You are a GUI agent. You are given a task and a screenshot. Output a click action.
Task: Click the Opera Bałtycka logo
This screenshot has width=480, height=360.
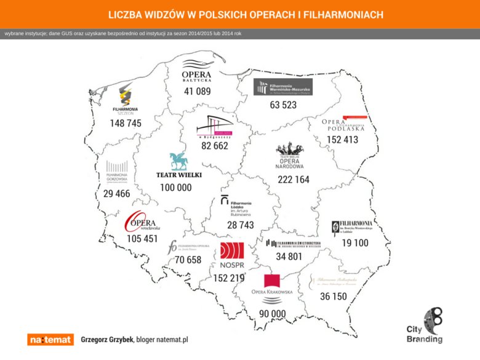point(197,71)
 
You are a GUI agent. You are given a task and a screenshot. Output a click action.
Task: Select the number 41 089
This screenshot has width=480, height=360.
point(197,91)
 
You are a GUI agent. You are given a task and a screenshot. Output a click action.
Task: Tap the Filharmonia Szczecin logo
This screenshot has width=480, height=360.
point(126,98)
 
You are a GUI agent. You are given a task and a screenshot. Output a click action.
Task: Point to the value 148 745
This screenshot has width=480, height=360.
point(126,123)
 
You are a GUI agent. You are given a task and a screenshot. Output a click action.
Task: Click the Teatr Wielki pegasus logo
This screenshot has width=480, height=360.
point(179,161)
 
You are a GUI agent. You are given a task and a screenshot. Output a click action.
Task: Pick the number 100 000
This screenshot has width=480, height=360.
point(176,188)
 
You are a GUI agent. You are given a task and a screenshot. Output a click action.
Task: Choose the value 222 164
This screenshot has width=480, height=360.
point(294,180)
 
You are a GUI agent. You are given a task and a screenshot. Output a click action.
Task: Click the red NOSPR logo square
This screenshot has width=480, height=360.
point(232,250)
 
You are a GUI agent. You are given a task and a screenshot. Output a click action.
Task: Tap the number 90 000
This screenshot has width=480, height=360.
point(272,313)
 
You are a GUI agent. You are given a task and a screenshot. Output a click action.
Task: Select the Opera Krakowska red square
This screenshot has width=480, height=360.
point(272,281)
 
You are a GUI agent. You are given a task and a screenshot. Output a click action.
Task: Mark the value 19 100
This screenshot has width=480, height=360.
point(355,243)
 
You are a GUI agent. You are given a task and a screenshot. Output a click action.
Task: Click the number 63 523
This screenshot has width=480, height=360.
point(283,105)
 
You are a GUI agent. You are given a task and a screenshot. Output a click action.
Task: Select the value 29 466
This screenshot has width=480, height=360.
point(117,194)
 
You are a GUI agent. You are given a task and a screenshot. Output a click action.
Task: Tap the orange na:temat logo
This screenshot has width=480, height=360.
point(50,339)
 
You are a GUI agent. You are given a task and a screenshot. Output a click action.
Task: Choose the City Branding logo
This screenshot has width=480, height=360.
point(425,325)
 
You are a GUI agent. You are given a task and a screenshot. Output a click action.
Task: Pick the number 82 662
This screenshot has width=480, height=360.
point(215,146)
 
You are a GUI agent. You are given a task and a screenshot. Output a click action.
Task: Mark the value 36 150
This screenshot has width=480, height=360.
point(334,297)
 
